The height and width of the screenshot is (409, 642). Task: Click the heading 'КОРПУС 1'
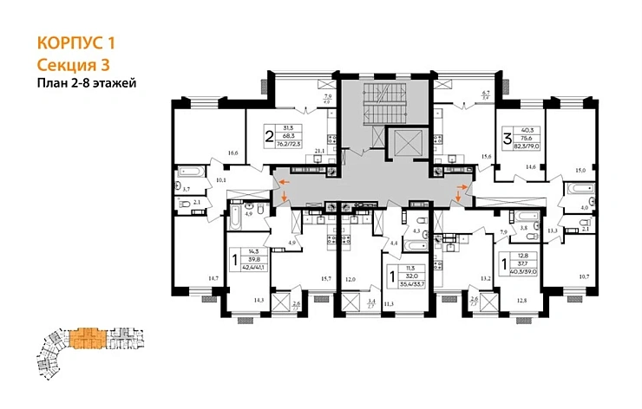(x=76, y=42)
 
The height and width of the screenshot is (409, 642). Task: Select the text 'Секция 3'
(x=74, y=63)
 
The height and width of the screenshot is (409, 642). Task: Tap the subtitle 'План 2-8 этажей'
(x=88, y=83)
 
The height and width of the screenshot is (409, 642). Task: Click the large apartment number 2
(x=270, y=136)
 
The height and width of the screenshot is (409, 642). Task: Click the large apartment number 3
(x=508, y=136)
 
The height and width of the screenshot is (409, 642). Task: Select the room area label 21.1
(x=319, y=151)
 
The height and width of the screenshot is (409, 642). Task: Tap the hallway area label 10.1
(x=220, y=180)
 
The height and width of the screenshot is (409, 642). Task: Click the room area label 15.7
(x=327, y=277)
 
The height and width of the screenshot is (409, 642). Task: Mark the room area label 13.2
(x=487, y=278)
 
